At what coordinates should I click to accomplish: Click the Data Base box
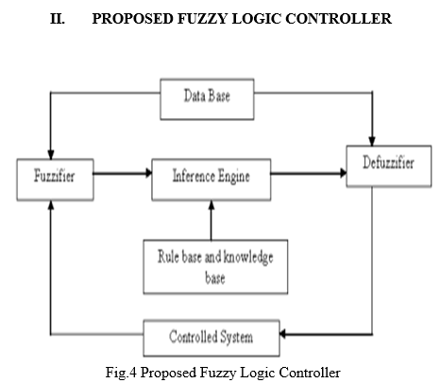pos(207,99)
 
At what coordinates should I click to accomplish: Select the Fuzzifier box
pos(55,180)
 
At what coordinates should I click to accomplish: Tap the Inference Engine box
pos(212,180)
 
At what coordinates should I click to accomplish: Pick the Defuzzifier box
pos(389,166)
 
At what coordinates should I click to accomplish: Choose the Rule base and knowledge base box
pos(215,267)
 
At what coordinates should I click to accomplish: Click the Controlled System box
pos(212,338)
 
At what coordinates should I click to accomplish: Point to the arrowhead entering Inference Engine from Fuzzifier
pos(148,173)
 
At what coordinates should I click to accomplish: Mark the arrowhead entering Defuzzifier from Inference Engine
pos(343,173)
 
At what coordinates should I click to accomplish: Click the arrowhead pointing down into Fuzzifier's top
pos(51,154)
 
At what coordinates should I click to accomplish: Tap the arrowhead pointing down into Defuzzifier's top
pos(372,141)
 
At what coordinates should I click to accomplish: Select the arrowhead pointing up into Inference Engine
pos(212,205)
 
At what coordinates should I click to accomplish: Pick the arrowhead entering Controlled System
pos(283,334)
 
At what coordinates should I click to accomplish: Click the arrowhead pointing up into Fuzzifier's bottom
pos(51,205)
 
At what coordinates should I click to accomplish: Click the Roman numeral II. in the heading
pos(58,18)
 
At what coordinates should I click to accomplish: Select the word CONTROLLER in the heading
pos(339,18)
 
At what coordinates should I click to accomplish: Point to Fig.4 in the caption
pos(121,373)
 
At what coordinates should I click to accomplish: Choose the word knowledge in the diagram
pos(248,258)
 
